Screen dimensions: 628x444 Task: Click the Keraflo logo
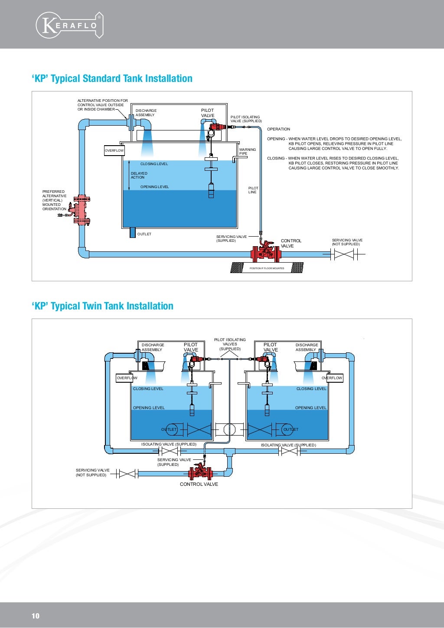click(x=69, y=25)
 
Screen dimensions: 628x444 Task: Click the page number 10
click(x=36, y=616)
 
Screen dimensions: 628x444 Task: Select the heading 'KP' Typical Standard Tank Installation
click(x=112, y=78)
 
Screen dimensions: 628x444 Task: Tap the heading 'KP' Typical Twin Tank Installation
click(x=102, y=306)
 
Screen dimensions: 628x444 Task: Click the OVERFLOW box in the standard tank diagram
click(x=114, y=150)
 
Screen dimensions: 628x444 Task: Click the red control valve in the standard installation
click(x=265, y=252)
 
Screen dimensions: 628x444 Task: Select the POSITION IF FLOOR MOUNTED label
click(x=267, y=268)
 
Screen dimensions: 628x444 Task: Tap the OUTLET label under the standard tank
click(x=144, y=234)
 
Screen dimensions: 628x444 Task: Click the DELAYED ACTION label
click(x=139, y=175)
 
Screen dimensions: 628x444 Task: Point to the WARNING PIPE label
click(x=248, y=151)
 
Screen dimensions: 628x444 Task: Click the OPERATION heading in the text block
click(x=278, y=129)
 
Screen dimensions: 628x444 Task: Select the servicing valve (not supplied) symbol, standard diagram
click(x=343, y=255)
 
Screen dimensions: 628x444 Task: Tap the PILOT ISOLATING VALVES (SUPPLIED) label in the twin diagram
click(x=230, y=344)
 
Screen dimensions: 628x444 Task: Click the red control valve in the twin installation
click(x=200, y=471)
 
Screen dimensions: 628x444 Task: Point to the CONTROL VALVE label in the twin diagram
click(x=199, y=484)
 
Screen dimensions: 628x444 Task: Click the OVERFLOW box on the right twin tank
click(x=332, y=378)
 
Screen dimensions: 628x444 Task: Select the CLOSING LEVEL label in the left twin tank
click(x=148, y=389)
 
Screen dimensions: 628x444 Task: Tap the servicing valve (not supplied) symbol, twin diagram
click(x=127, y=474)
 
